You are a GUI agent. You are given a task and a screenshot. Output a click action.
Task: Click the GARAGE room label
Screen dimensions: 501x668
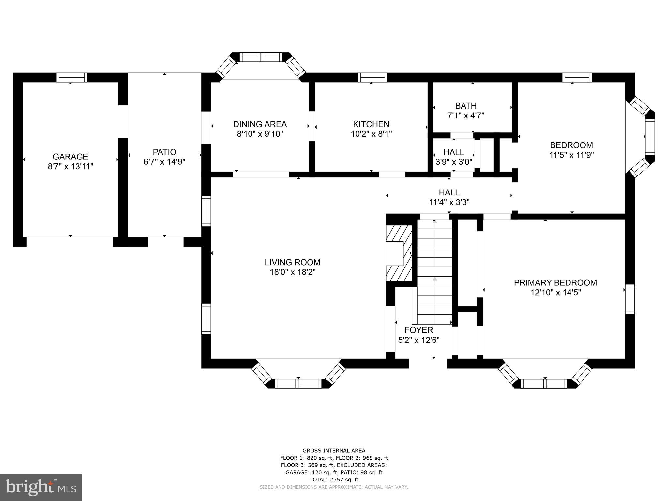coord(70,157)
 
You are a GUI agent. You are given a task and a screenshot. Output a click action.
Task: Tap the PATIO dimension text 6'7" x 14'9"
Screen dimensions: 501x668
coord(164,162)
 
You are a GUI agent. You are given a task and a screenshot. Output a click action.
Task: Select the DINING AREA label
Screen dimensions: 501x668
coord(260,124)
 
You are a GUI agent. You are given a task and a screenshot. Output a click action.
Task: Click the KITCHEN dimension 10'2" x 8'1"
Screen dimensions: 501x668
coord(371,134)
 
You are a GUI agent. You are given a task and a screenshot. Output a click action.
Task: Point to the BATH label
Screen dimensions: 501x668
coord(466,106)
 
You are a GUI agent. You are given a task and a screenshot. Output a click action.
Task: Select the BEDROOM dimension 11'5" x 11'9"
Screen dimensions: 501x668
coord(571,155)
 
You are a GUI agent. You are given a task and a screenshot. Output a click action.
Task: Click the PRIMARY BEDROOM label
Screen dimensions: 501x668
coord(555,282)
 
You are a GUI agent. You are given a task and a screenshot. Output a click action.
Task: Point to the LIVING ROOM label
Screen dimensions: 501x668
coord(292,262)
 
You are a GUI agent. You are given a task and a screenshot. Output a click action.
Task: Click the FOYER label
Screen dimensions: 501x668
coord(419,330)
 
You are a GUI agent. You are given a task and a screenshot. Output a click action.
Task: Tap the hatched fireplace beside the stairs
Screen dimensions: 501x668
coord(399,253)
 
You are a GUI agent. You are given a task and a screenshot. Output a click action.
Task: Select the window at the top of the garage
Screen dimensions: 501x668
coord(72,77)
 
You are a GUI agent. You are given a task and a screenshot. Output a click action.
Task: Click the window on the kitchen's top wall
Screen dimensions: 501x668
coord(372,77)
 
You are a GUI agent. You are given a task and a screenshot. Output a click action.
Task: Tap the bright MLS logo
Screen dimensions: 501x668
coord(41,487)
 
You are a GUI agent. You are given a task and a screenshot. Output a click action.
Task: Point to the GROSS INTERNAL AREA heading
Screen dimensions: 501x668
coord(334,451)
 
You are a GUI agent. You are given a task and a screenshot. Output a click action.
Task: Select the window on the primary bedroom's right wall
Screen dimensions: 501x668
coord(630,299)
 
